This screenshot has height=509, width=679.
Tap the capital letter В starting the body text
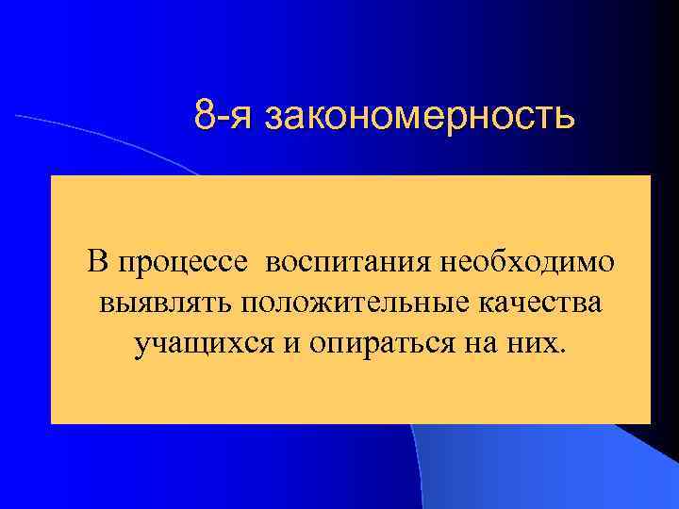99,261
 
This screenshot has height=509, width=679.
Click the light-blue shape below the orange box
528,471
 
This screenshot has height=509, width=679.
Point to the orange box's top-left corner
51,176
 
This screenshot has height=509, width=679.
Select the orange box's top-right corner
650,176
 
